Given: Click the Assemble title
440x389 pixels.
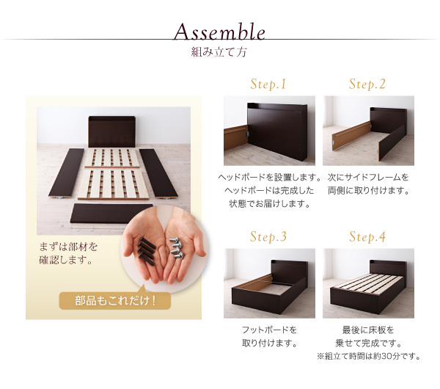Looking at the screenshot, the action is pos(219,32).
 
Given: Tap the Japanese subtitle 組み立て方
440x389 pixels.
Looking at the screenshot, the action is pos(219,52).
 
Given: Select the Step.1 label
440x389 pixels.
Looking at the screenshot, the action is pos(268,84).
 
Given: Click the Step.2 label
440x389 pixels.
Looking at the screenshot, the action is pos(367,84).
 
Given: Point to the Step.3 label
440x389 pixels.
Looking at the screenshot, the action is pos(268,236).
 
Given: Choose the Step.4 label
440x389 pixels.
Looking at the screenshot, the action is pos(367,236).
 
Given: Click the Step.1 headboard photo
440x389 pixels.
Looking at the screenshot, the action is pos(269,131).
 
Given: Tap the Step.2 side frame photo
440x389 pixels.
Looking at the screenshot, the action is pos(368,131).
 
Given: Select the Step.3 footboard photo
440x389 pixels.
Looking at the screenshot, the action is pos(269,283).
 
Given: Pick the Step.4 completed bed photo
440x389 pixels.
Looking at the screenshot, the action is pos(368,283).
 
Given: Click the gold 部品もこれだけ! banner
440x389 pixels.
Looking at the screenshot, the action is pos(115,301).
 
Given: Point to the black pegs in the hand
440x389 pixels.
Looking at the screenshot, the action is pos(147,251).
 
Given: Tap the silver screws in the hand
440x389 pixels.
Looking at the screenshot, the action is pos(177,247).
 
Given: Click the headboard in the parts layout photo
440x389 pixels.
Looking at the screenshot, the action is pos(112,131).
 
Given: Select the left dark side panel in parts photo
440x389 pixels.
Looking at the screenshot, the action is pos(67,172).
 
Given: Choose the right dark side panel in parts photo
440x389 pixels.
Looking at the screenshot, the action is pos(158,173).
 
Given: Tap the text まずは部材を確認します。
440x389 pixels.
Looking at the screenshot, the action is pos(68,254).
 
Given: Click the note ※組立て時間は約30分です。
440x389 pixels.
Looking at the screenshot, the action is pos(369,356).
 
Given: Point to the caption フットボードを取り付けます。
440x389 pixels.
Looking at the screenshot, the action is pos(269,336).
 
